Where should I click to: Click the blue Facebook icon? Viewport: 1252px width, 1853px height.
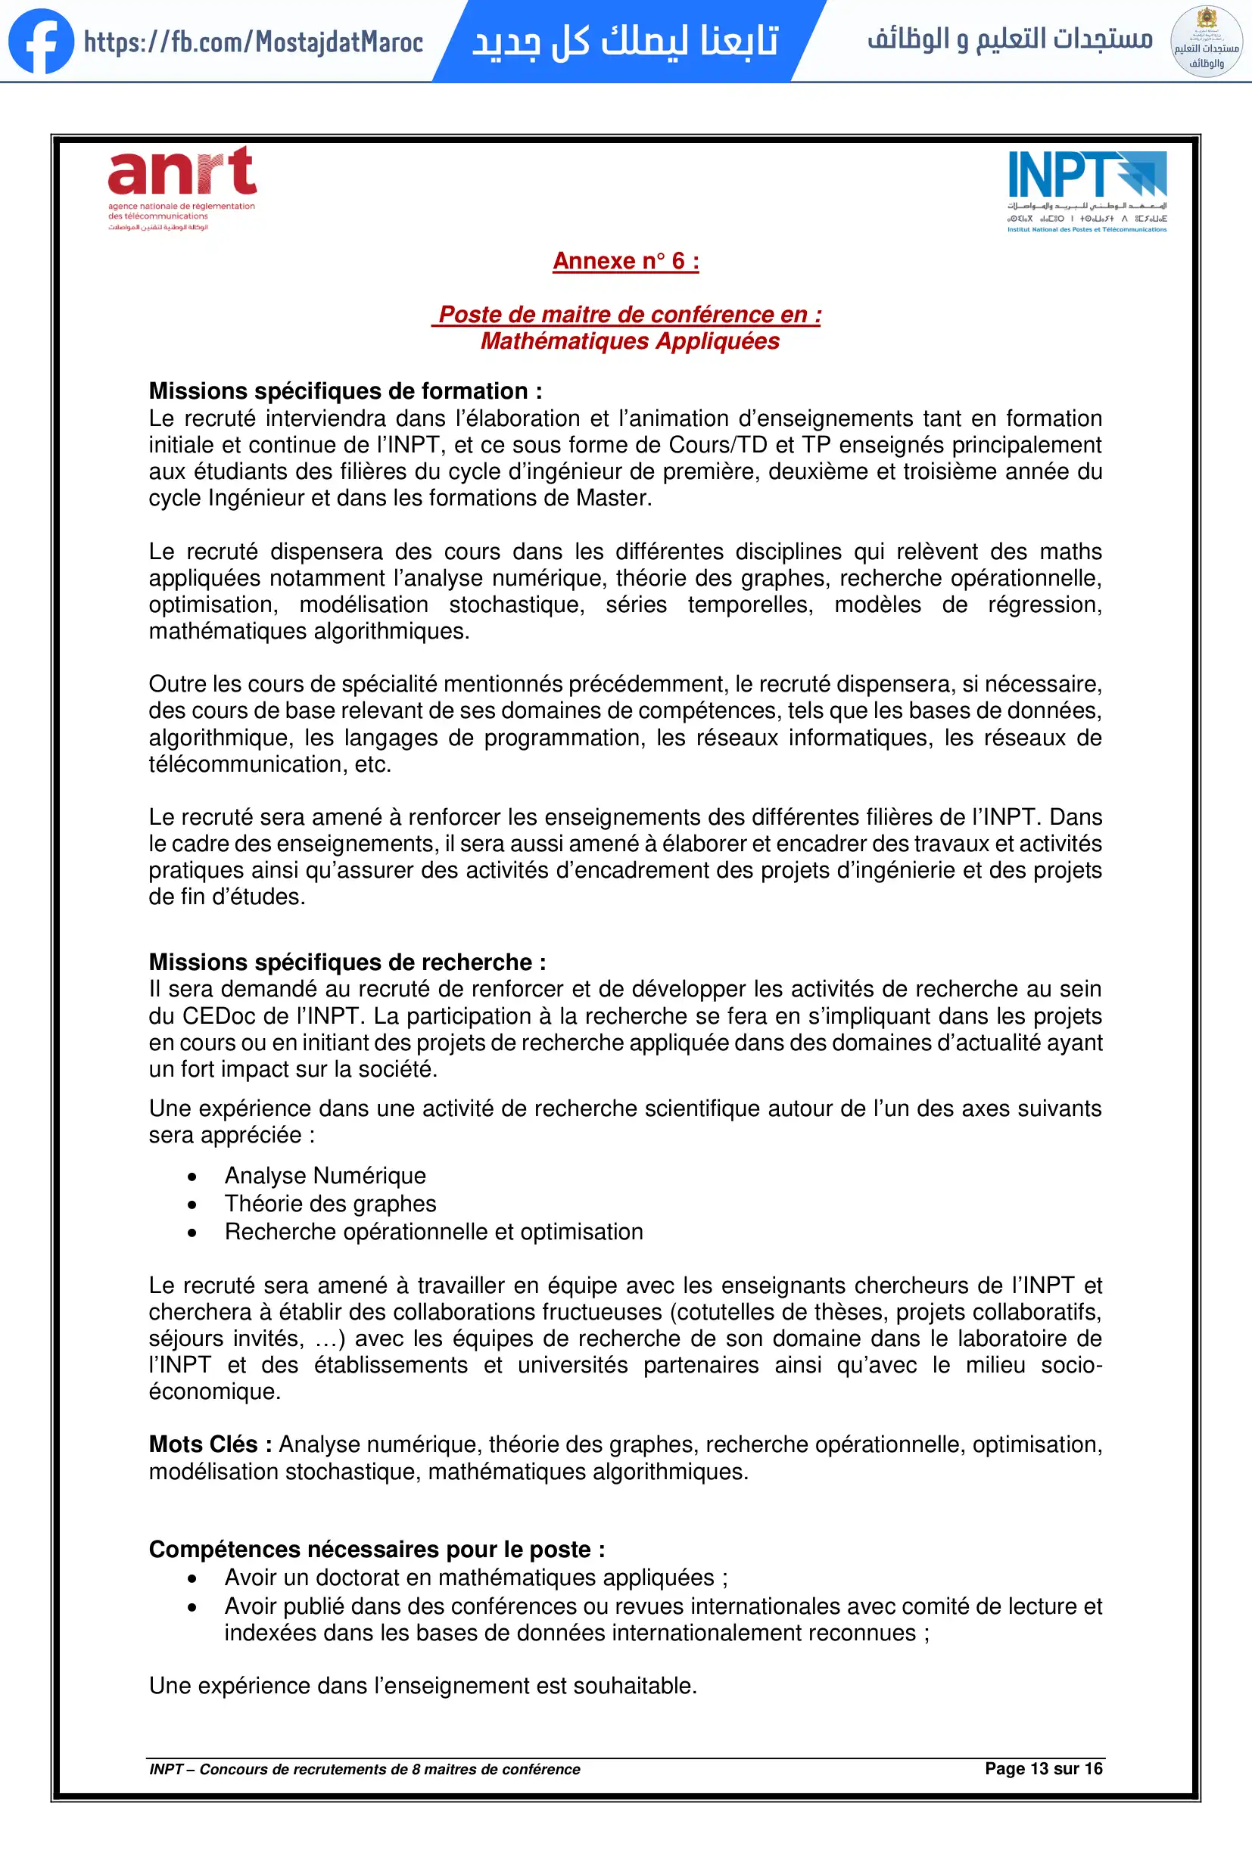41,42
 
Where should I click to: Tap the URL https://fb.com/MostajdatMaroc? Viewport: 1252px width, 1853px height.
254,42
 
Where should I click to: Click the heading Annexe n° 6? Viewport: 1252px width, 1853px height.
626,261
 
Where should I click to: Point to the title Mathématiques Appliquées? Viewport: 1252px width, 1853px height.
630,341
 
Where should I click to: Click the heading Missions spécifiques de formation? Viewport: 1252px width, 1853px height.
345,390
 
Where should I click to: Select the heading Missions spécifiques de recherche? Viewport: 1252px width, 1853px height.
347,962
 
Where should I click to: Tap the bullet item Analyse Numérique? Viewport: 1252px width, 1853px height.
325,1175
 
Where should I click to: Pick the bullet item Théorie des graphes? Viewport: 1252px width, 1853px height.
330,1203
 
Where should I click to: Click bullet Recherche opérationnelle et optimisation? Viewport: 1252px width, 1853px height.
434,1232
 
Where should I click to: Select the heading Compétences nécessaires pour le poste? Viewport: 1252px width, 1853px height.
376,1550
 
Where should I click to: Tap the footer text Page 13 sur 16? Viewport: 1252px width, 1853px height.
1043,1768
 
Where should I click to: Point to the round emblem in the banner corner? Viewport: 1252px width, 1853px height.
1206,42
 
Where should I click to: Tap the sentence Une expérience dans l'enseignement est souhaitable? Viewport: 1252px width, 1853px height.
422,1686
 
